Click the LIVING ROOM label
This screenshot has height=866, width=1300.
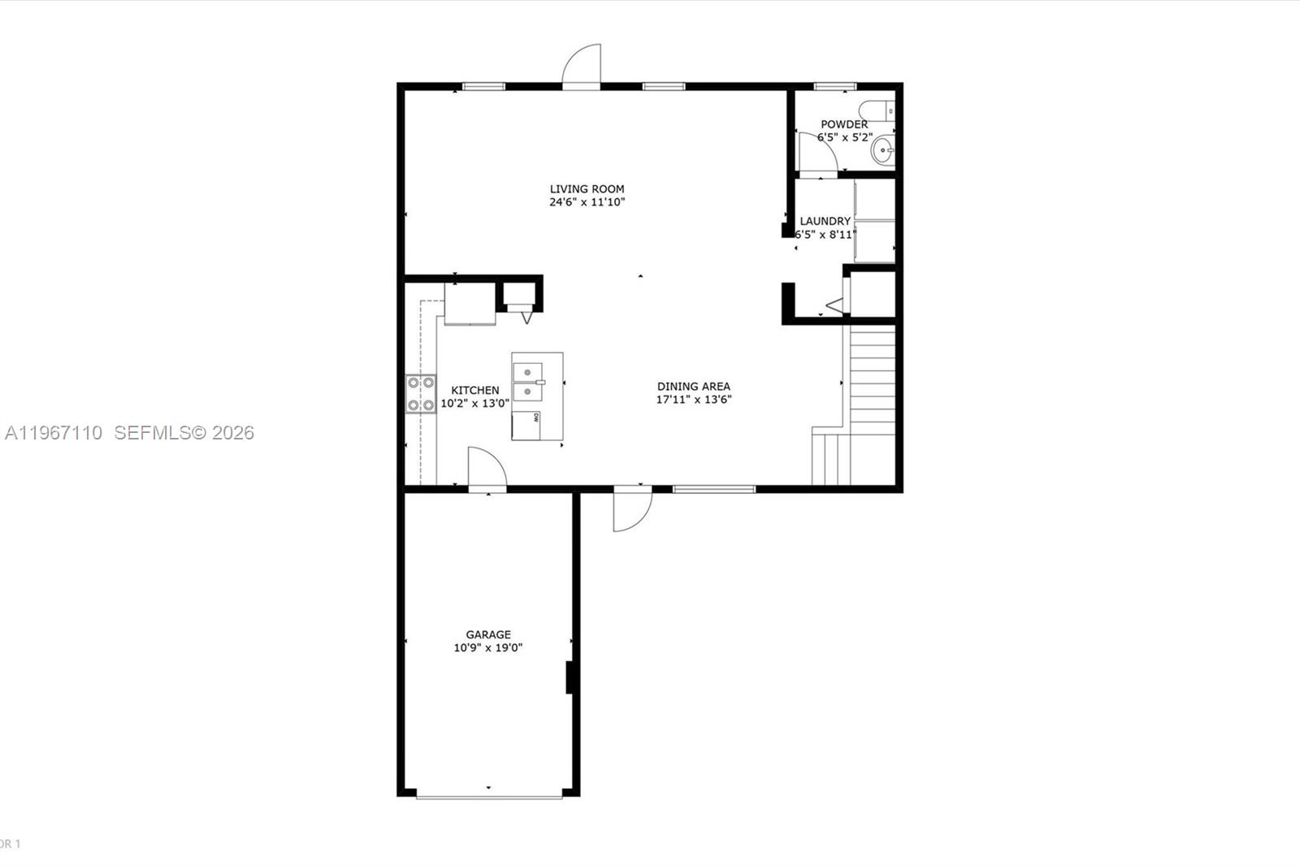(x=587, y=188)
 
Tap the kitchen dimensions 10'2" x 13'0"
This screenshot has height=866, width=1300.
(x=474, y=403)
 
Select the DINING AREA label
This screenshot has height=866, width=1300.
(x=693, y=386)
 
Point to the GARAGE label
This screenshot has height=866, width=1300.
(x=488, y=634)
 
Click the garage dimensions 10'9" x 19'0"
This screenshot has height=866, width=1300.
(x=488, y=647)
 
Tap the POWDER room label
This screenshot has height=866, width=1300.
(x=843, y=124)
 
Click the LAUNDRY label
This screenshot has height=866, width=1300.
(x=825, y=221)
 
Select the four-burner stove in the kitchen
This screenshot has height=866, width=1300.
(x=420, y=394)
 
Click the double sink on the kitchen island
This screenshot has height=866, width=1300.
(x=527, y=382)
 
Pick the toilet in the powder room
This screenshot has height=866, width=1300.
(x=877, y=110)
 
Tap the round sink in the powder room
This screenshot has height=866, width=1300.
(x=883, y=150)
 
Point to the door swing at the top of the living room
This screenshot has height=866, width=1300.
(x=582, y=65)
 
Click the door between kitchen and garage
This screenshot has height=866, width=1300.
(x=486, y=469)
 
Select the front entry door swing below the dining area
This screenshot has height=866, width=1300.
(x=631, y=509)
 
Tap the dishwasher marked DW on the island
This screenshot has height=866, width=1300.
(x=526, y=424)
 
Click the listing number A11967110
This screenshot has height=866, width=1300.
(x=54, y=433)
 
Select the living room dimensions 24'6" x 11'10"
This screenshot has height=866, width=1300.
(x=587, y=202)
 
